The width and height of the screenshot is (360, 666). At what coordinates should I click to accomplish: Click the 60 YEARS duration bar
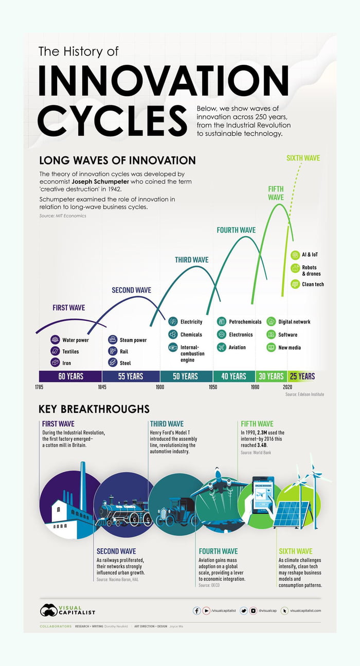point(71,376)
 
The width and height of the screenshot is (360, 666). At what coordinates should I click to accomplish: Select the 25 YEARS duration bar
point(302,376)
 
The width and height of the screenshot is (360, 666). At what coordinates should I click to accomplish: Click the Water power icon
point(55,340)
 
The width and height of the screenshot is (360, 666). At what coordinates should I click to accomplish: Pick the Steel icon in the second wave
point(112,363)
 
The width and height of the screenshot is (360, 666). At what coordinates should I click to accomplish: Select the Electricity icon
point(173,322)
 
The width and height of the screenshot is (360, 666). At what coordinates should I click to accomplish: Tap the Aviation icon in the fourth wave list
point(222,348)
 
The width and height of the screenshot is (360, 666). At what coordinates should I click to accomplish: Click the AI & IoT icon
point(295,255)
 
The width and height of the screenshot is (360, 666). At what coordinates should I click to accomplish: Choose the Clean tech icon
point(295,284)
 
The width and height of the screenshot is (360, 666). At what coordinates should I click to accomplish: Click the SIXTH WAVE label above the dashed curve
point(303,158)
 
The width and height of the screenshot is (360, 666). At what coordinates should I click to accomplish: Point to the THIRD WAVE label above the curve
point(191,260)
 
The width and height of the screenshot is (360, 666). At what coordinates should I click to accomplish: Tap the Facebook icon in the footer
point(196,610)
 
